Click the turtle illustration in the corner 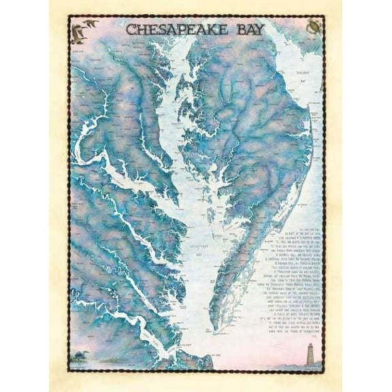click(314, 28)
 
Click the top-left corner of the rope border click(69, 18)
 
